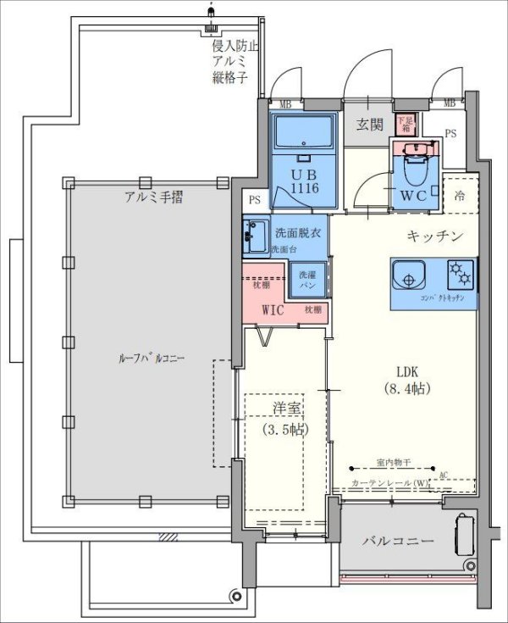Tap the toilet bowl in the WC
(416, 173)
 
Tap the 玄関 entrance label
(369, 125)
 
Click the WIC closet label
(272, 309)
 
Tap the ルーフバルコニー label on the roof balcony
(152, 359)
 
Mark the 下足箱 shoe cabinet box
(406, 125)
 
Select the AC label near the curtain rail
(444, 476)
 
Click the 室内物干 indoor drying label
(394, 464)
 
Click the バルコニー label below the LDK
(399, 541)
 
